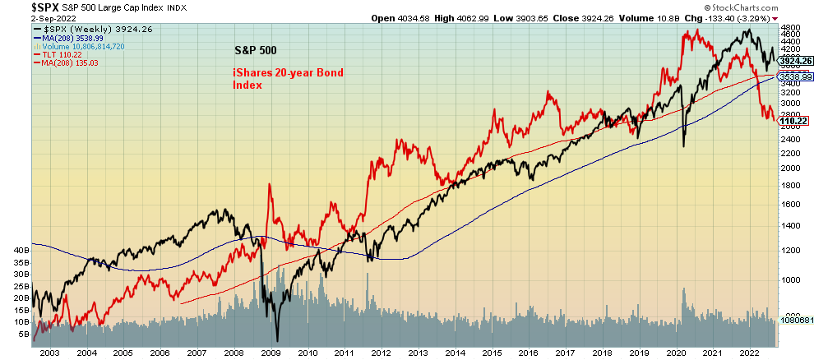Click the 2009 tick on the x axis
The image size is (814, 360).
click(270, 353)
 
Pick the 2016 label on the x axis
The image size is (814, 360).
click(527, 353)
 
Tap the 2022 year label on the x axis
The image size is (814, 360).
click(749, 353)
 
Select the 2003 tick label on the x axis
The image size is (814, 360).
click(49, 353)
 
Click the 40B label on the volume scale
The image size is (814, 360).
click(21, 249)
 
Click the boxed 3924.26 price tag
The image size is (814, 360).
click(795, 61)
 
